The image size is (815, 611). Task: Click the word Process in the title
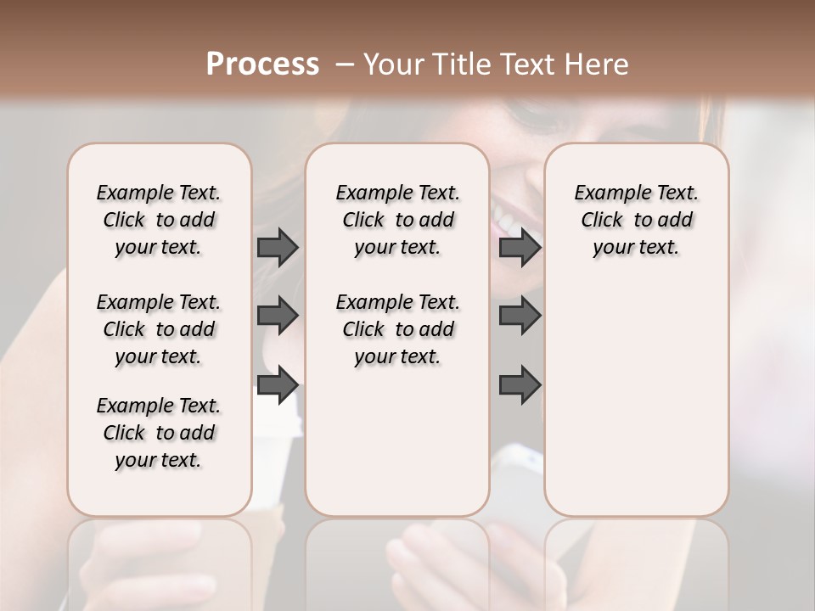click(x=262, y=64)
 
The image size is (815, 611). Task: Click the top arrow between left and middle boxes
click(x=278, y=247)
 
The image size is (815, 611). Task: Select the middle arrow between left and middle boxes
click(x=278, y=316)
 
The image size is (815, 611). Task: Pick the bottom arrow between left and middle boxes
click(x=278, y=385)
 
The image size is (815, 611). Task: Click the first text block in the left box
click(x=159, y=220)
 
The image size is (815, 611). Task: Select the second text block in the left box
click(x=159, y=329)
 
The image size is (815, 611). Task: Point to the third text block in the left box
click(x=159, y=433)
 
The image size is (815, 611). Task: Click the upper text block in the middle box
click(x=397, y=220)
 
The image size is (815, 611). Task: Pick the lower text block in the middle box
click(x=397, y=329)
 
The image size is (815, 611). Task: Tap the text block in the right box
click(x=636, y=220)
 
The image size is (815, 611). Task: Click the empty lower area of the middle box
click(x=397, y=441)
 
